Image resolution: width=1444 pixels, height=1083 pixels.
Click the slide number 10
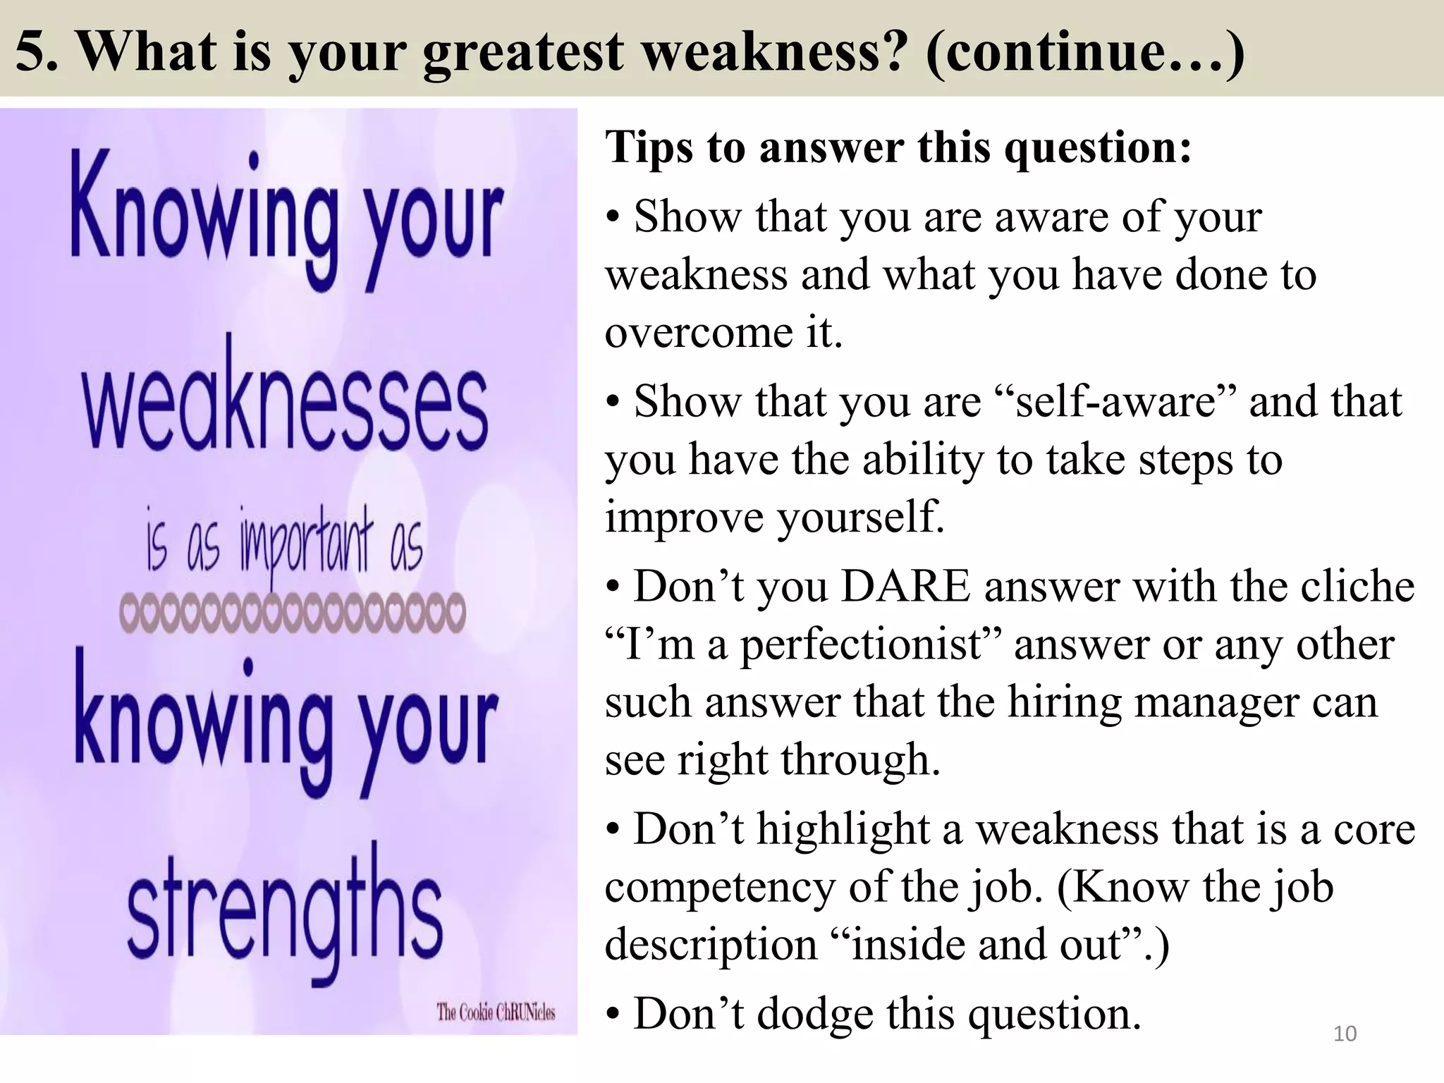point(1345,1034)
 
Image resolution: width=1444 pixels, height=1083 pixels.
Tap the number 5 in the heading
point(32,51)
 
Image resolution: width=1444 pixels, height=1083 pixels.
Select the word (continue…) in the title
point(1084,51)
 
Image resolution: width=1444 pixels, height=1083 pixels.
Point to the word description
point(711,945)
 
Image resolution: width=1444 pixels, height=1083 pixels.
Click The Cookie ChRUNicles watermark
point(496,1012)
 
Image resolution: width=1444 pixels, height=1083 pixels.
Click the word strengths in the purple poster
point(285,917)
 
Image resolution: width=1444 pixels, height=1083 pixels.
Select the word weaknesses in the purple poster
point(285,409)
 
